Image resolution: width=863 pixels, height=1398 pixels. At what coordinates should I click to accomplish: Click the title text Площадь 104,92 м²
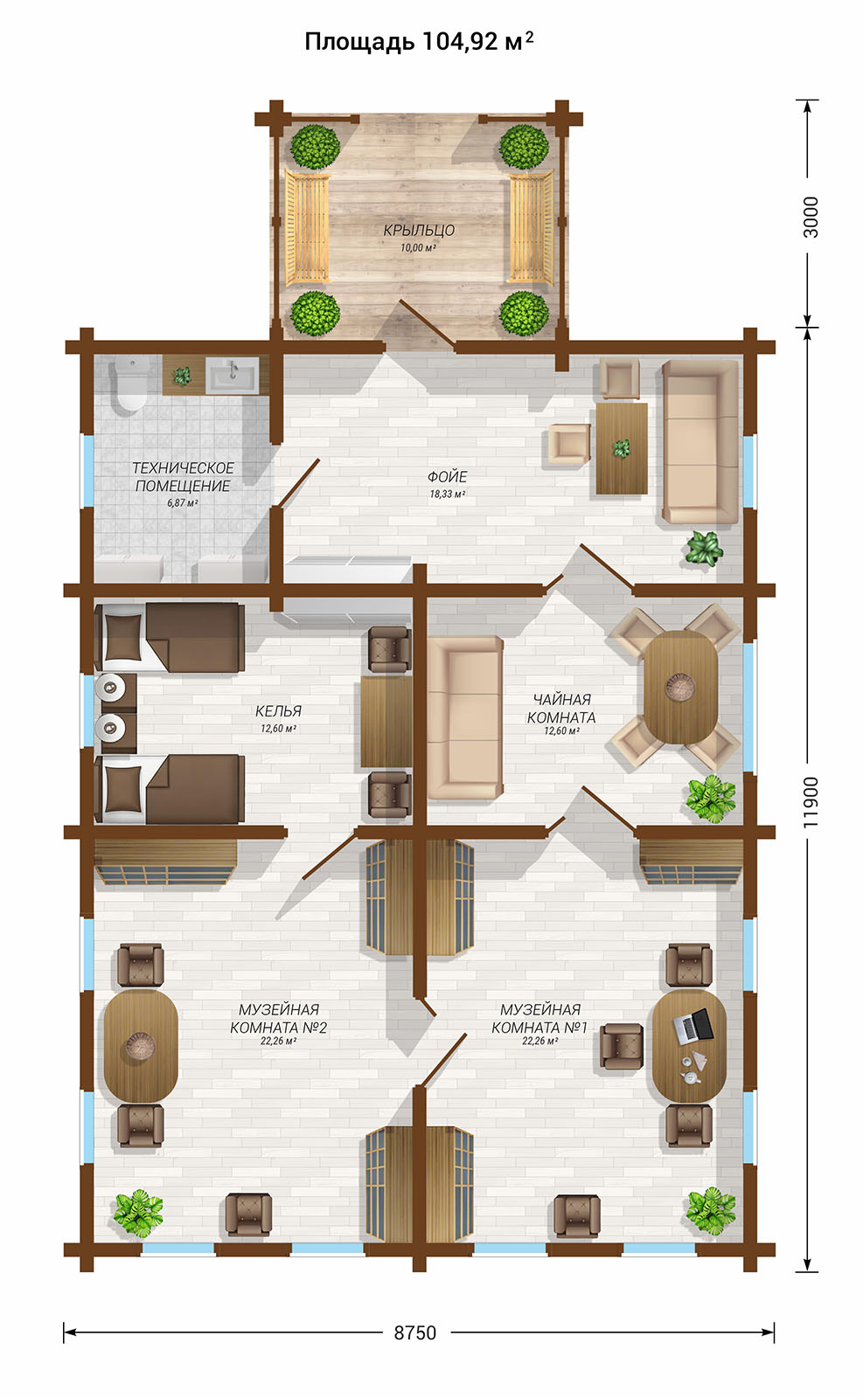click(x=419, y=42)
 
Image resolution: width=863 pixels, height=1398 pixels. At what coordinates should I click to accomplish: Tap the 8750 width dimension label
click(x=414, y=1332)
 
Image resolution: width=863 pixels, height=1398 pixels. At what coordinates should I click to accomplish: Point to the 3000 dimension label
click(x=811, y=217)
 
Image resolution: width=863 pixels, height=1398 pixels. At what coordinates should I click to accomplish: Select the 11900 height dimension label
click(x=811, y=802)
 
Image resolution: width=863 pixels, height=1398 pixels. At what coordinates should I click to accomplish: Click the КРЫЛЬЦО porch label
click(x=419, y=231)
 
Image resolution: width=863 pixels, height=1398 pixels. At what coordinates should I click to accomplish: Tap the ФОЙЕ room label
click(x=447, y=477)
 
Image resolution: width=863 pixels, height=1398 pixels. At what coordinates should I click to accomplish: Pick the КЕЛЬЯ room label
click(x=278, y=711)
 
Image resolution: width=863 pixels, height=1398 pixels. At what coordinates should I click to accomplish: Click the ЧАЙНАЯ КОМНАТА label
click(x=561, y=709)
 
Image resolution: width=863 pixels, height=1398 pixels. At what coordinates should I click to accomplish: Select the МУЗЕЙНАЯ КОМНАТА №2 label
click(x=279, y=1019)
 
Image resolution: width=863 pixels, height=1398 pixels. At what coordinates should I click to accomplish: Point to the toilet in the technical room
click(x=130, y=384)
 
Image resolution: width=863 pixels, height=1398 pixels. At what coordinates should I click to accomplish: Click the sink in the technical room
click(x=232, y=375)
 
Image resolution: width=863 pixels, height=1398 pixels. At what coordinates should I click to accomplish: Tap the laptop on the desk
click(x=693, y=1025)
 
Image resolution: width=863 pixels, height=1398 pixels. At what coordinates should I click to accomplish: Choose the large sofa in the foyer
click(x=700, y=441)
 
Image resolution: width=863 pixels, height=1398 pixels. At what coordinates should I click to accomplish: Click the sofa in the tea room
click(x=464, y=717)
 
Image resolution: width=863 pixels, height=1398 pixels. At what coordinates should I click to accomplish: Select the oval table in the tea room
click(x=680, y=687)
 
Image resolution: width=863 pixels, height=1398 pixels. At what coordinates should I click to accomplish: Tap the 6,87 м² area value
click(x=183, y=503)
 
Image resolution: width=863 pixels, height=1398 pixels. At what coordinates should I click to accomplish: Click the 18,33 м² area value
click(x=447, y=495)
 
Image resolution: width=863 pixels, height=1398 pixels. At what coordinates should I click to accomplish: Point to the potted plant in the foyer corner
click(x=705, y=549)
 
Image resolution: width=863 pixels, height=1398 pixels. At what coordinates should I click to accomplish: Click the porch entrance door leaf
click(x=427, y=322)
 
